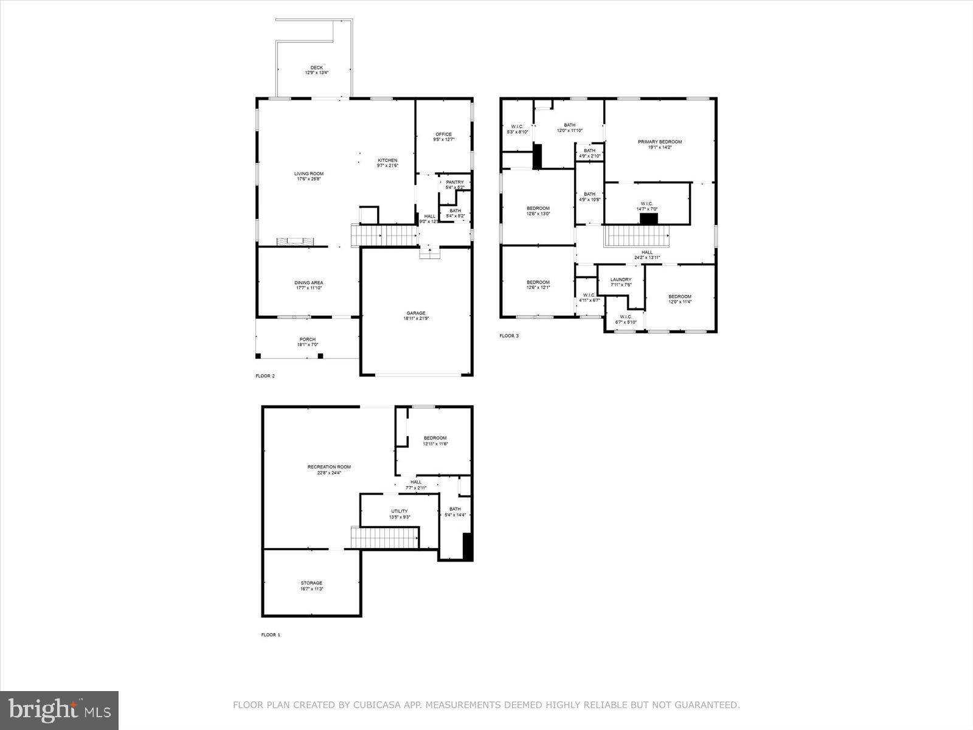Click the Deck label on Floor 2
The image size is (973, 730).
316,68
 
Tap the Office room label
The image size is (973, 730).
443,134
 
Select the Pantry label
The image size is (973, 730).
454,182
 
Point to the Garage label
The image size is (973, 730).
416,313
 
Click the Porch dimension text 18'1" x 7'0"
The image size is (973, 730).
307,345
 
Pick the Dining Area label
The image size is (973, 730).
308,283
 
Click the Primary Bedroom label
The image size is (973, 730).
659,142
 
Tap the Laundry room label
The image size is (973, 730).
621,280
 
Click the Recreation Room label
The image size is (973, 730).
329,467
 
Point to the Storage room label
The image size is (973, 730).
311,583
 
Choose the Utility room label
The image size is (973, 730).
400,512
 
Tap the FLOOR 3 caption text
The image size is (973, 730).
509,336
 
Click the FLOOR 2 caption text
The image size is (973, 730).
265,376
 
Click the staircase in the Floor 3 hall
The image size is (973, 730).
636,236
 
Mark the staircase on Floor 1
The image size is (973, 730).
385,538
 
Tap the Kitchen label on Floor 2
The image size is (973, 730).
387,161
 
